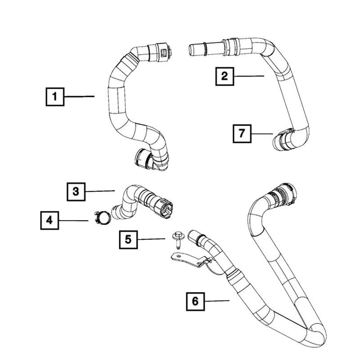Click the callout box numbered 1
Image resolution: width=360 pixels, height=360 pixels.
coord(55,96)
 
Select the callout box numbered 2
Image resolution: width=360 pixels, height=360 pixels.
coord(224,76)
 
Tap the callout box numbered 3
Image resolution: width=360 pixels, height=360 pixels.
coord(76,191)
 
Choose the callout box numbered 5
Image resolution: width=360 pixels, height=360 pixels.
coord(128,239)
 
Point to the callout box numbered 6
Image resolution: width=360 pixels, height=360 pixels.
coord(195,301)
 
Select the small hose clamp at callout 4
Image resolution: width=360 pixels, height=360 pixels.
coord(103,217)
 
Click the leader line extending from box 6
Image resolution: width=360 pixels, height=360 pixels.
coord(217,301)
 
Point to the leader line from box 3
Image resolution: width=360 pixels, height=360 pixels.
coord(100,191)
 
